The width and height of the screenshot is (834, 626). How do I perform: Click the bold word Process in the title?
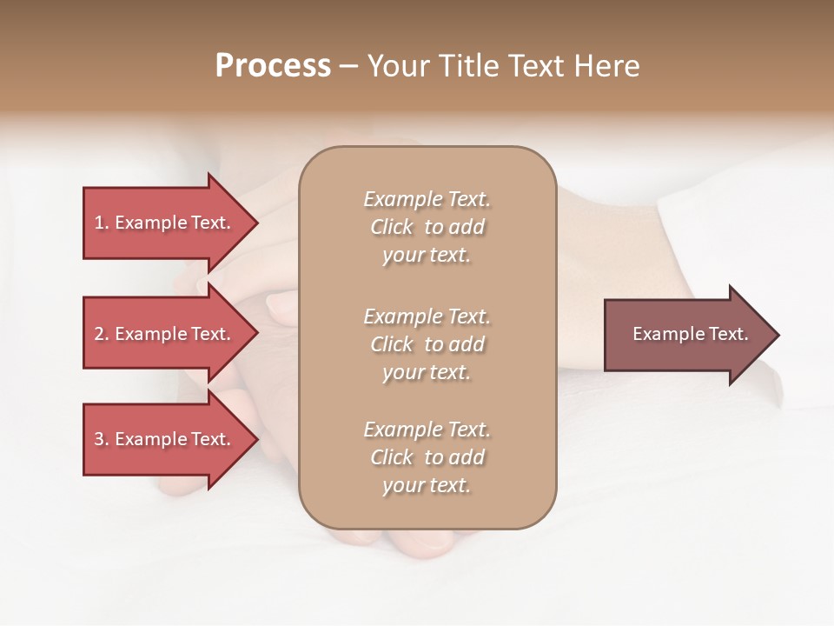coord(273,66)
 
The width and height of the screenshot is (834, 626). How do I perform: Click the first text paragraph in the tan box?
coord(427,227)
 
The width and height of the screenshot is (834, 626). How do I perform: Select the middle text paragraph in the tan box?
coord(427,344)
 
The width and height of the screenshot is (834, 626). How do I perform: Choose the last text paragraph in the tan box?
coord(427,457)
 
